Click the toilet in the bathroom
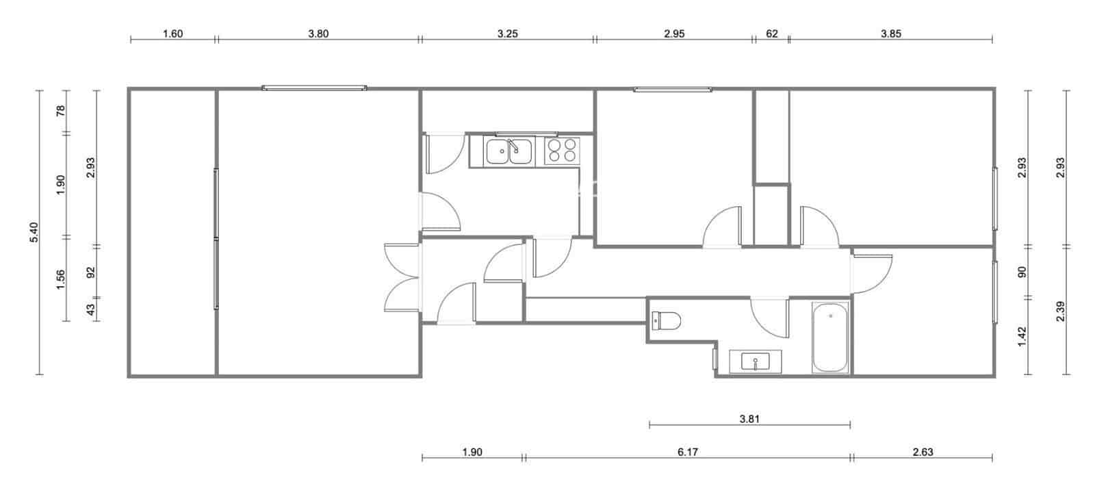pos(667,320)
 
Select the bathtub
pos(830,337)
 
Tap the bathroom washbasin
pos(755,361)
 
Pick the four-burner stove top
pos(562,151)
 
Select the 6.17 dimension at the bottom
pos(688,452)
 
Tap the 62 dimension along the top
pos(771,34)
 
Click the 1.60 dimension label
pos(172,34)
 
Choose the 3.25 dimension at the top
pos(507,34)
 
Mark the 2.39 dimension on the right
pos(1060,311)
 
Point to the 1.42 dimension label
pos(1022,336)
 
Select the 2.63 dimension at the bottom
pos(923,452)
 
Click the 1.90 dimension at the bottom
pos(472,452)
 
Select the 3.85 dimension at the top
pos(890,34)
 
